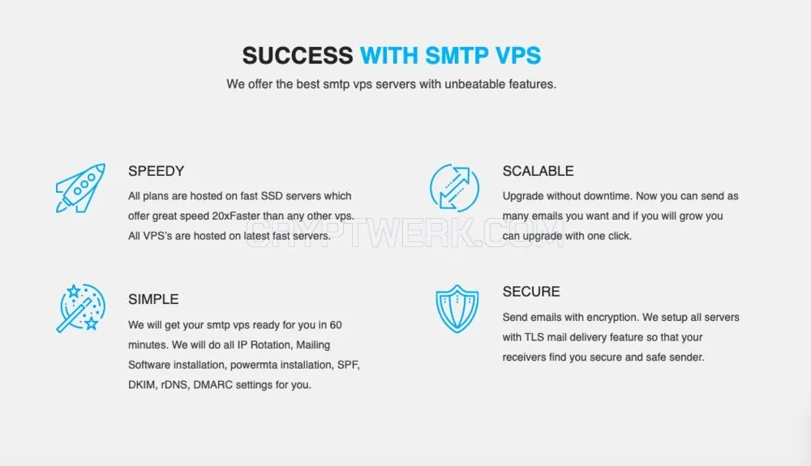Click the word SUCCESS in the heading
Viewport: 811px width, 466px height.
[x=298, y=55]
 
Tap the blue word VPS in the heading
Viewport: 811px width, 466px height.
[x=517, y=55]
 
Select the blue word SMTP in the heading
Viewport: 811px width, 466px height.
[x=457, y=55]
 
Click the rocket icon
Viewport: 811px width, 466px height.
[x=80, y=188]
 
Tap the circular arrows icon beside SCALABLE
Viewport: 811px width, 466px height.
[x=455, y=187]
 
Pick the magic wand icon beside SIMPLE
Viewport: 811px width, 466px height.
[x=80, y=308]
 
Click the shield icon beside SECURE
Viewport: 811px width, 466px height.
[x=457, y=309]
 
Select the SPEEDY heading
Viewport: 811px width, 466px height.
[x=157, y=171]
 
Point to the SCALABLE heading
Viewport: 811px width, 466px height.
[x=538, y=171]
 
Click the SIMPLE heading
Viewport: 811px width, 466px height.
[x=153, y=299]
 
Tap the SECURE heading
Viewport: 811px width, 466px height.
[x=531, y=292]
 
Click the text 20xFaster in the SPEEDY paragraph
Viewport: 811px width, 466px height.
[x=236, y=216]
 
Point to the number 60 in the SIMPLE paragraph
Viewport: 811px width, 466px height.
[x=336, y=325]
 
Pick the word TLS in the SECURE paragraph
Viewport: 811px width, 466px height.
[x=534, y=337]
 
